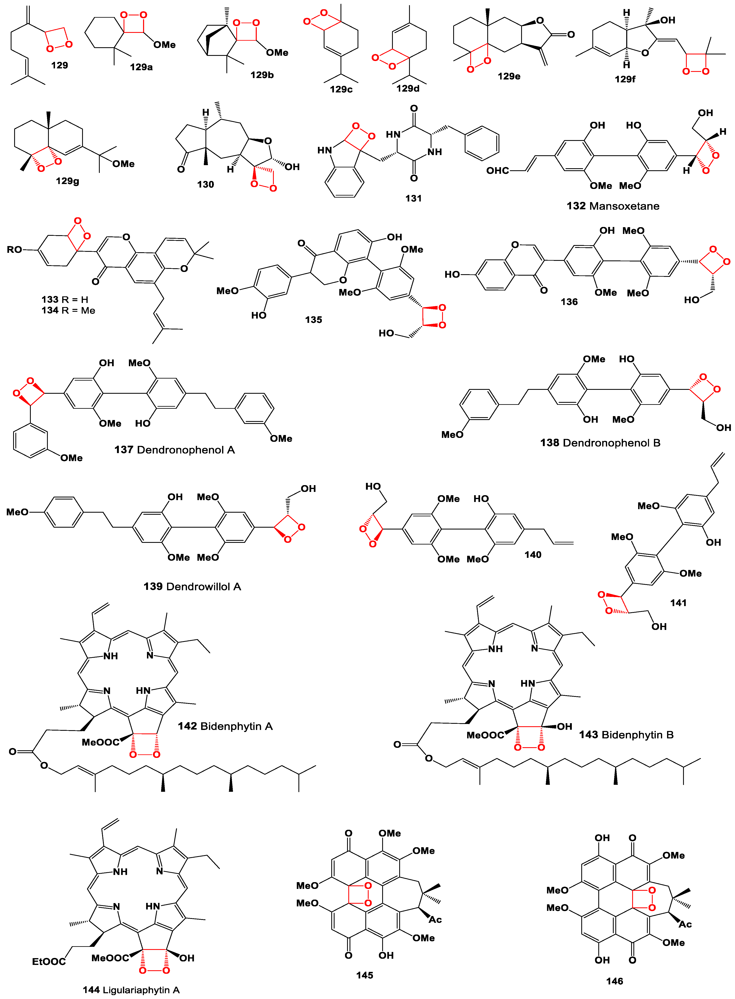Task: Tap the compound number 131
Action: click(x=413, y=199)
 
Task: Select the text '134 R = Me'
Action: click(x=69, y=310)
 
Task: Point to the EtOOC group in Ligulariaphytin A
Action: click(x=49, y=962)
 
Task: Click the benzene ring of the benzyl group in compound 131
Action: click(x=482, y=143)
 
